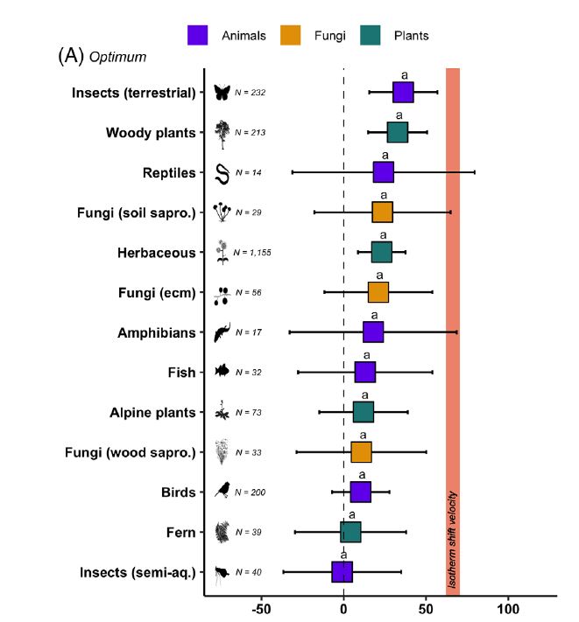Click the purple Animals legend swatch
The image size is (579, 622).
[197, 35]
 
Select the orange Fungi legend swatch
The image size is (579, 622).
[291, 35]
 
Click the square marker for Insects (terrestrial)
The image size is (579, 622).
[403, 92]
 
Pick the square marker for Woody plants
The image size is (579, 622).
[398, 132]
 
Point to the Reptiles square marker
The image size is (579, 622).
[384, 172]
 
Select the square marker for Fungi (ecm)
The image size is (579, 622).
[378, 291]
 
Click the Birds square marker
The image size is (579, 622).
[361, 492]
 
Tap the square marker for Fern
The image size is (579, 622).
[350, 532]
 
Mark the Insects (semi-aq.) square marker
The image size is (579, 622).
[342, 572]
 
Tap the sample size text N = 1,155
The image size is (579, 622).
[253, 253]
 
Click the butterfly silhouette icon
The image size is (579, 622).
[222, 93]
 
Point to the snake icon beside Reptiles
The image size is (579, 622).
[222, 172]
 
